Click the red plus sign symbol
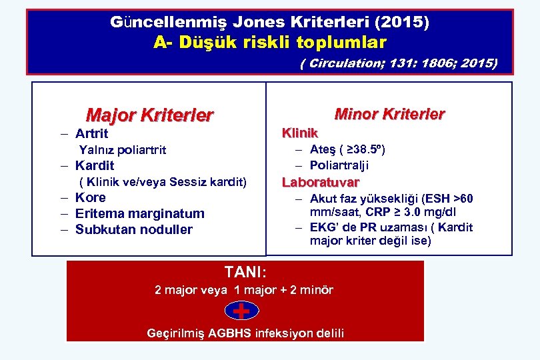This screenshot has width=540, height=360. coord(242,311)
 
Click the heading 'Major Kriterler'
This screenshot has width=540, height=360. coord(149,115)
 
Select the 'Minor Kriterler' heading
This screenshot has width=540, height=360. coord(389,114)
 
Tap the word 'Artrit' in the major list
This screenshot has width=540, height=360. coord(91,133)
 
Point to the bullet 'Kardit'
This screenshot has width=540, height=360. coord(95,165)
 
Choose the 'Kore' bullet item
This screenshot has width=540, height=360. coord(90,197)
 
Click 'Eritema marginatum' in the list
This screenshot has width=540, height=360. coord(139,213)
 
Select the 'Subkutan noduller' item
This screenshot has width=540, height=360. coord(133,229)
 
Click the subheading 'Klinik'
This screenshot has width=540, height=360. coord(300,133)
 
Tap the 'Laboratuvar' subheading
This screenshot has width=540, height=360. coord(321,182)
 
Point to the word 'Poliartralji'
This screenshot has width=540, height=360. coord(339,165)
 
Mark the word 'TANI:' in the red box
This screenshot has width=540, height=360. coord(245,272)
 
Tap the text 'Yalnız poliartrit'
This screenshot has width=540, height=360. coord(123,149)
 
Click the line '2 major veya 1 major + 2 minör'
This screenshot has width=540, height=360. coord(244,290)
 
